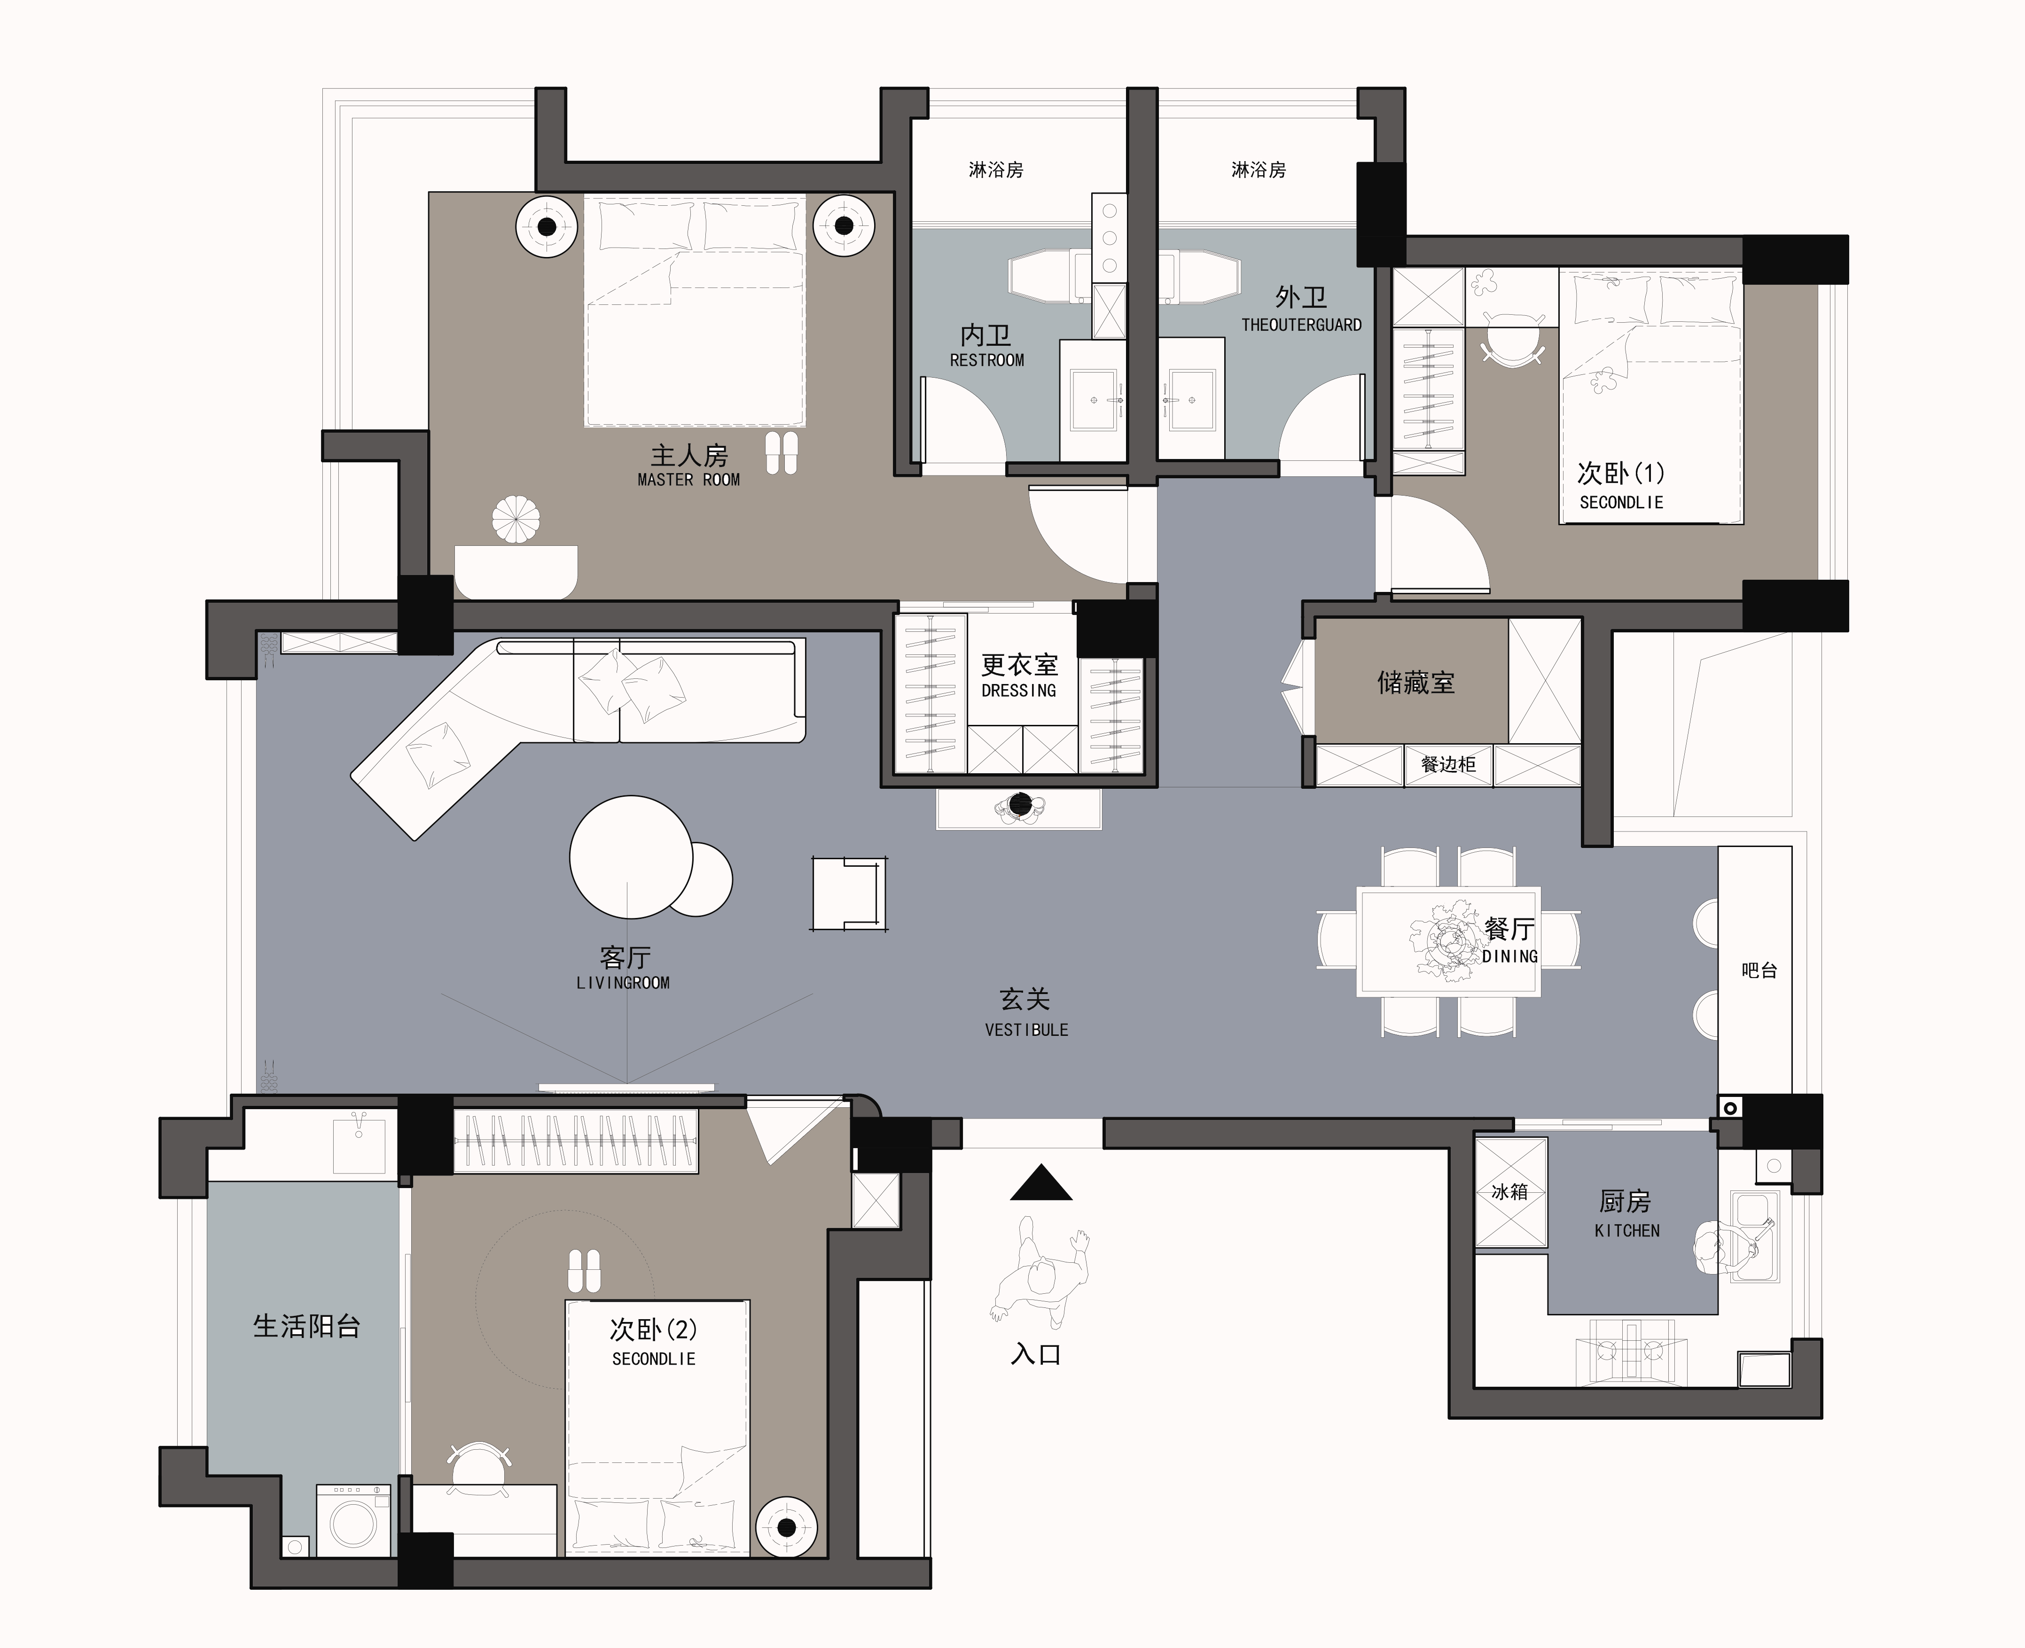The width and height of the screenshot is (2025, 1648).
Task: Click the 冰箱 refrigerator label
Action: (x=1509, y=1191)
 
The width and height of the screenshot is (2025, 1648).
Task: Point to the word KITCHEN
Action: (x=1627, y=1230)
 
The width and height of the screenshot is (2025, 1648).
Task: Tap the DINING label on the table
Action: (x=1510, y=956)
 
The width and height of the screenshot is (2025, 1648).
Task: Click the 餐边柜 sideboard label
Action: (x=1449, y=764)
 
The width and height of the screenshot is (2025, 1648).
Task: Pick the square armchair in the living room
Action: (x=850, y=894)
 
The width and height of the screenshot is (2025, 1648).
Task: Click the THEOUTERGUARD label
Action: (x=1302, y=325)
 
